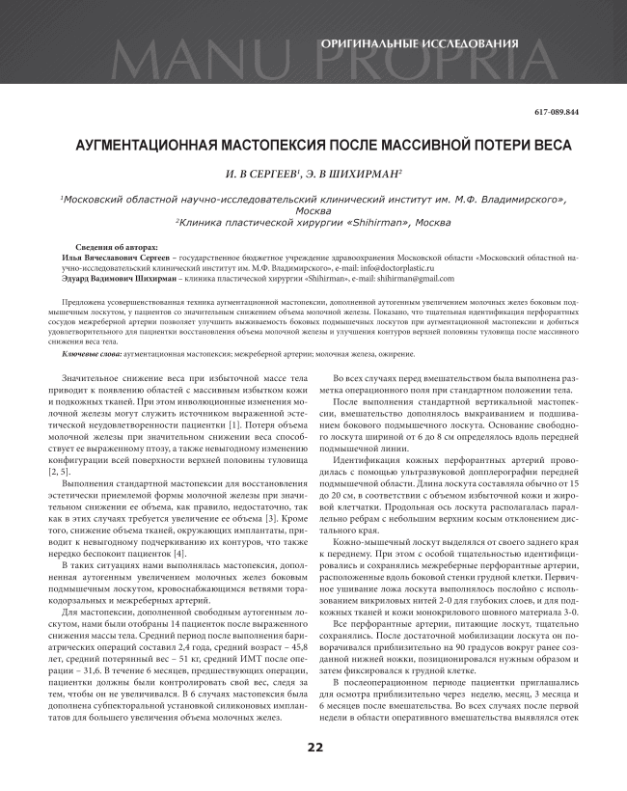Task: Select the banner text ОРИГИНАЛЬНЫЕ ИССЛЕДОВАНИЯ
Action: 419,43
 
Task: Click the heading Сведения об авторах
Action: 116,248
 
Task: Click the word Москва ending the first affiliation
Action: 313,210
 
